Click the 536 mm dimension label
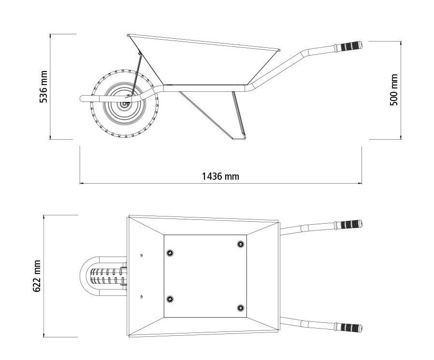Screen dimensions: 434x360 (43, 86)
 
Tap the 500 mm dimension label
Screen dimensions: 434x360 (393, 90)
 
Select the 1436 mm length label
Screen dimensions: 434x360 (220, 176)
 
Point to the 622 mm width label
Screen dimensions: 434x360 (37, 276)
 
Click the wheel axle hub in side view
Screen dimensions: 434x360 (125, 104)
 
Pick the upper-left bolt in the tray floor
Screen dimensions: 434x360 (170, 253)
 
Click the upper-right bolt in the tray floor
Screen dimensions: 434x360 (241, 244)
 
